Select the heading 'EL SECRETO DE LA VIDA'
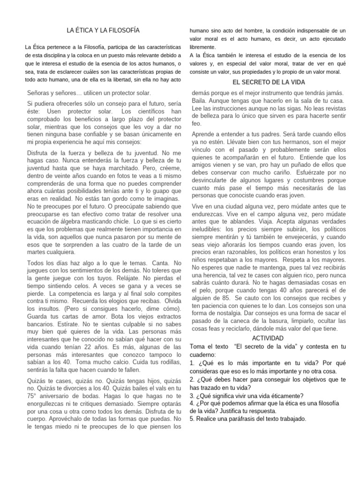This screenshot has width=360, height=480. pos(269,82)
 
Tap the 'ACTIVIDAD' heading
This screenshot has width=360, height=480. pos(269,338)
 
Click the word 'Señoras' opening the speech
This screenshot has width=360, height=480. pos(40,93)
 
